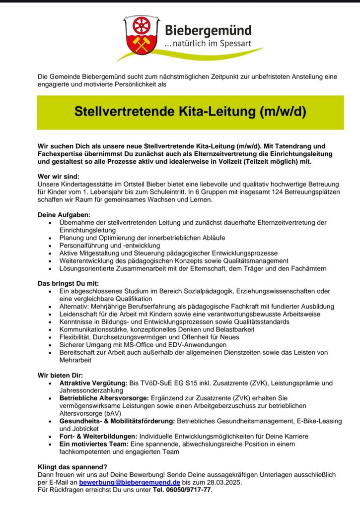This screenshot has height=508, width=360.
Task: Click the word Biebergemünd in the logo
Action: click(x=208, y=31)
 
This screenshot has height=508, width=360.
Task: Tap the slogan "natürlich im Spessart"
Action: click(x=209, y=45)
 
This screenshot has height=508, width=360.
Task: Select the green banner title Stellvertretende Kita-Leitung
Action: click(x=190, y=111)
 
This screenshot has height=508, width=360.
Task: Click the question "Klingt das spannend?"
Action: click(x=72, y=467)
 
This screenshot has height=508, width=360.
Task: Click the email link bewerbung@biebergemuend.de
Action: click(x=130, y=482)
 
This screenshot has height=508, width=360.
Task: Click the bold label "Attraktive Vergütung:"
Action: click(x=93, y=383)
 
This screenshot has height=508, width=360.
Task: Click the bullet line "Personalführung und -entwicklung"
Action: click(x=109, y=246)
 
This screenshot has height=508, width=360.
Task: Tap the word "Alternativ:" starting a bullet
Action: click(x=75, y=307)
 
